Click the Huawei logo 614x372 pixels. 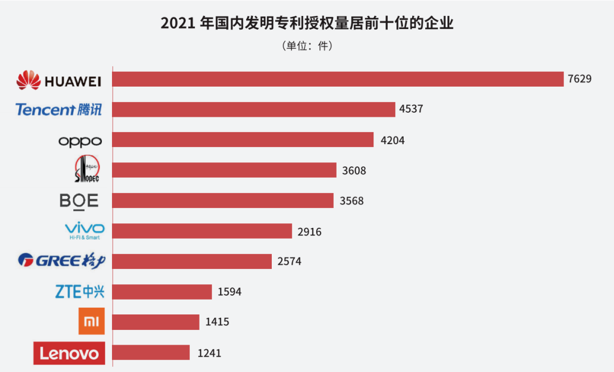pyautogui.click(x=59, y=80)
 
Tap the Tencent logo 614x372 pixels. pyautogui.click(x=59, y=109)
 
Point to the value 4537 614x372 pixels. pyautogui.click(x=411, y=109)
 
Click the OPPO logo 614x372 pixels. pyautogui.click(x=80, y=141)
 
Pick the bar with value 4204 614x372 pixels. pyautogui.click(x=243, y=140)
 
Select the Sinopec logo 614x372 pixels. pyautogui.click(x=86, y=170)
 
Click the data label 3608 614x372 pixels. pyautogui.click(x=354, y=170)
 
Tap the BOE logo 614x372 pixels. pyautogui.click(x=79, y=201)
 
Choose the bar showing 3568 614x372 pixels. pyautogui.click(x=223, y=201)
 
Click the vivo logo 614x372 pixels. pyautogui.click(x=84, y=231)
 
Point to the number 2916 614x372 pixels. pyautogui.click(x=309, y=231)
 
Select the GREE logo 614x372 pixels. pyautogui.click(x=62, y=261)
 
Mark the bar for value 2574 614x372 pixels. pyautogui.click(x=192, y=261)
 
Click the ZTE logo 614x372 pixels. pyautogui.click(x=80, y=292)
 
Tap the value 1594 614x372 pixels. pyautogui.click(x=230, y=292)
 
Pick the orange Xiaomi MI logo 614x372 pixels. pyautogui.click(x=92, y=322)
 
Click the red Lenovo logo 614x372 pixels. pyautogui.click(x=69, y=353)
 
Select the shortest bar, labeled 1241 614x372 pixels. pyautogui.click(x=151, y=353)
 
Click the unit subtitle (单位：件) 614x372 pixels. pyautogui.click(x=307, y=46)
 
